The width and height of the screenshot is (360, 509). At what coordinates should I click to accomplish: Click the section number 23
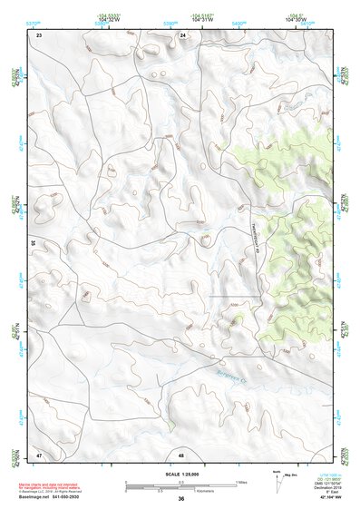39,34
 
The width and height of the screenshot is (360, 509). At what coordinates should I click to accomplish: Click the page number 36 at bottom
181,499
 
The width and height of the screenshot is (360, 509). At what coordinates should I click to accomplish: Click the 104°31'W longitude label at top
202,20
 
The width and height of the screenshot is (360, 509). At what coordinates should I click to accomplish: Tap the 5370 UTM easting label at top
34,19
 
